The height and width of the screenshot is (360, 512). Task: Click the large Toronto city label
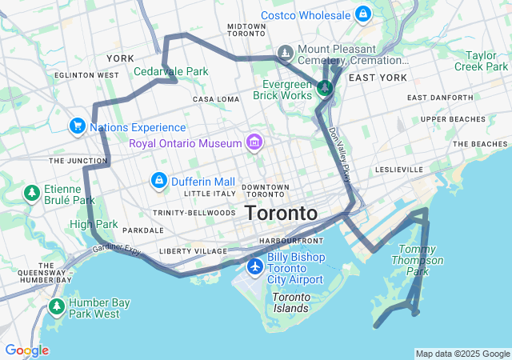point(281,214)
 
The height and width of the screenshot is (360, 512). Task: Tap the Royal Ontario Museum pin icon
point(254,143)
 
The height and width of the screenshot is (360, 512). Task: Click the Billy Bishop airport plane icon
point(255,266)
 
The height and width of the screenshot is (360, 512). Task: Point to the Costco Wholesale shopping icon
point(363,14)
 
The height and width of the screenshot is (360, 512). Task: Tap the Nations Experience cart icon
point(78,126)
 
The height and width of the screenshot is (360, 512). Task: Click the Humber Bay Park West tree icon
point(56,307)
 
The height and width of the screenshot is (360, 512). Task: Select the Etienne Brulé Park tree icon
point(30,193)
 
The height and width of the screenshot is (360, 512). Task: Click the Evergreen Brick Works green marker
point(325,88)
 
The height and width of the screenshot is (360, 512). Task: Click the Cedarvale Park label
point(170,71)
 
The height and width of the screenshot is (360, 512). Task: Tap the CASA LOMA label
point(216,99)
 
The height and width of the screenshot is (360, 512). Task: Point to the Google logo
point(26,350)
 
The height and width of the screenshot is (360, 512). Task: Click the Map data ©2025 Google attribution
point(462,354)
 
